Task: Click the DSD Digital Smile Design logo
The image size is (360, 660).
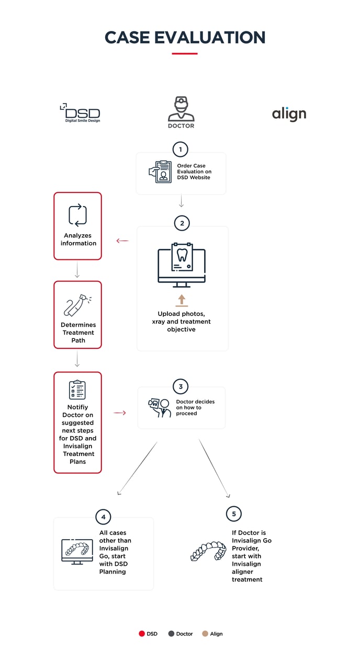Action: tap(80, 113)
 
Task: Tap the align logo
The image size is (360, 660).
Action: tap(289, 113)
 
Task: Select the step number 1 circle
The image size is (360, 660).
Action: tap(181, 150)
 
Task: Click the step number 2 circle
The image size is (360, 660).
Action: tap(182, 223)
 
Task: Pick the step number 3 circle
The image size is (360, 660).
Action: tap(181, 387)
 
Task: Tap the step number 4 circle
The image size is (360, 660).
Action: tap(103, 517)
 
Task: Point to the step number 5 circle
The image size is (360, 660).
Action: tap(234, 514)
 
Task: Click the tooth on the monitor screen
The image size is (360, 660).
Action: tap(182, 255)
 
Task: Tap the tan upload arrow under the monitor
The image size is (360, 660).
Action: tap(182, 300)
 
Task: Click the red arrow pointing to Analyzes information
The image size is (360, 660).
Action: tap(122, 241)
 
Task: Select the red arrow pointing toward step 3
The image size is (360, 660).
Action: tap(120, 413)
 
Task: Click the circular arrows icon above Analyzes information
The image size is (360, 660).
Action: tap(77, 215)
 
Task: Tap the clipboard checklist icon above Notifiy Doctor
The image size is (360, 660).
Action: tap(77, 390)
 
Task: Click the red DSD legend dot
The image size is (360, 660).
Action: tap(141, 634)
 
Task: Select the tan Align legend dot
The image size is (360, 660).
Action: tap(205, 634)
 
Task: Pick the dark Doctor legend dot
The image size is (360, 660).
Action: tap(171, 634)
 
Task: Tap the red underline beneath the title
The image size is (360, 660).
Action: tap(185, 53)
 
